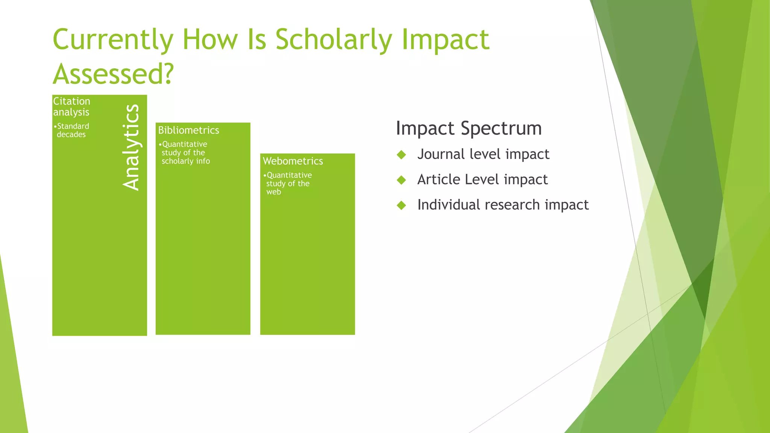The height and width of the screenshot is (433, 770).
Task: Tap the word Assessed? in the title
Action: [113, 74]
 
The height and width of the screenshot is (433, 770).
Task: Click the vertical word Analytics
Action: [131, 147]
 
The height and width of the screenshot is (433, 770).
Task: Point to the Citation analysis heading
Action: [71, 106]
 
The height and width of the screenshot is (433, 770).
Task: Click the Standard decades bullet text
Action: [72, 130]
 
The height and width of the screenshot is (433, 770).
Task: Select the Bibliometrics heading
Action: [188, 130]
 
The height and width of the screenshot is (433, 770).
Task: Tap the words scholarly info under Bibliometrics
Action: [186, 161]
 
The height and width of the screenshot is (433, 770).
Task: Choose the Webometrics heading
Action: [293, 161]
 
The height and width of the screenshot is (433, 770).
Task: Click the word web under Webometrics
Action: [274, 192]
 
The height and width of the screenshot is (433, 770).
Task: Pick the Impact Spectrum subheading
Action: [468, 128]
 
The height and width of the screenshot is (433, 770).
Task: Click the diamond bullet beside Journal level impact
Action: [402, 154]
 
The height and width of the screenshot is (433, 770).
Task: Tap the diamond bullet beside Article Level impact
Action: [402, 180]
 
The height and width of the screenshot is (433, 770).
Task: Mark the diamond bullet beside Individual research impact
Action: [402, 205]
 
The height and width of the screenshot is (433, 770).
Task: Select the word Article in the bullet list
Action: [438, 179]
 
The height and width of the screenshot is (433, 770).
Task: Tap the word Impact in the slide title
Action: [445, 40]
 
